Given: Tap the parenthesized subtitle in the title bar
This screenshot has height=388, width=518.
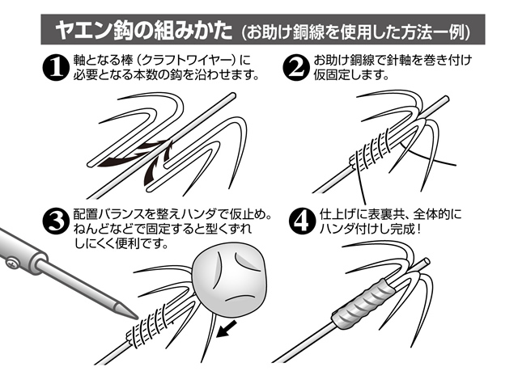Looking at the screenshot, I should pyautogui.click(x=359, y=32).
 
